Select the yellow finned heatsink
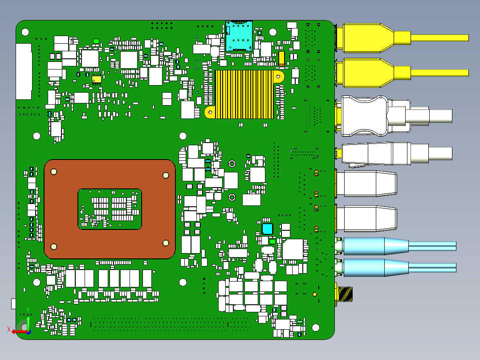coord(244,94)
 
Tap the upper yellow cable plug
coord(365,37)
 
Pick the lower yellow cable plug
coord(365,73)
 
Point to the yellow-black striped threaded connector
coord(346,294)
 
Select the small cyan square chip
coord(267,229)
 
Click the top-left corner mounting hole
coord(25,33)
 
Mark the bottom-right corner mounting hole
coord(315,327)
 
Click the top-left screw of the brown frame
coord(54,172)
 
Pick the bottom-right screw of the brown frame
coord(166,243)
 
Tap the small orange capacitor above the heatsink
coord(282,57)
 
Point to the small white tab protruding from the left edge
coord(13,304)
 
